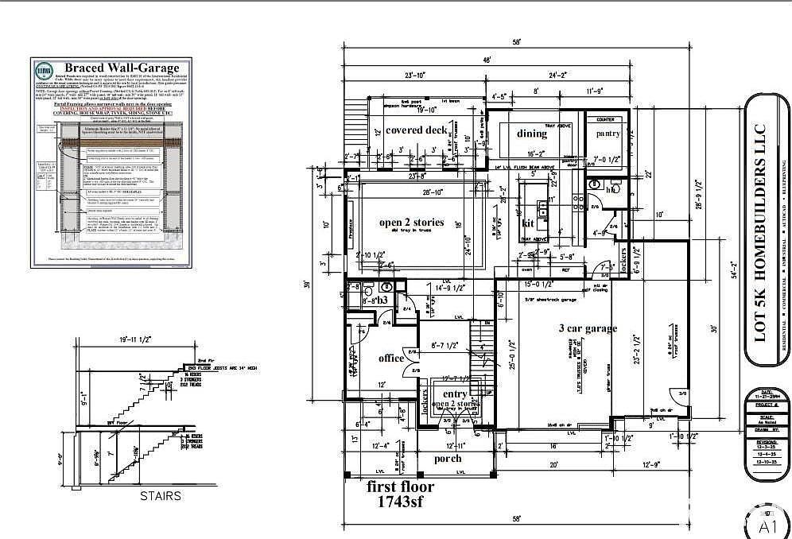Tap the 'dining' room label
coord(533,134)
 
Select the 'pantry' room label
coord(608,134)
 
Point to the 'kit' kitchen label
coord(527,223)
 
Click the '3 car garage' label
coord(588,328)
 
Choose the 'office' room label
coord(391,359)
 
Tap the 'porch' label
coord(448,459)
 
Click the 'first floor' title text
coord(400,487)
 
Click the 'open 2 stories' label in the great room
coord(411,223)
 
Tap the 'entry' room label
coord(455,394)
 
